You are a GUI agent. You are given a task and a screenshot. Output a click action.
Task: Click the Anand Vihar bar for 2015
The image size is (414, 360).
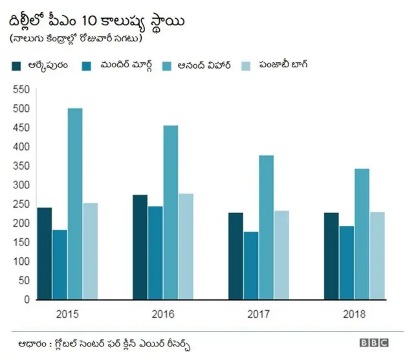pyautogui.click(x=75, y=204)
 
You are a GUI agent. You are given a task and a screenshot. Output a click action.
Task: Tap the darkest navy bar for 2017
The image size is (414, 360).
pyautogui.click(x=235, y=256)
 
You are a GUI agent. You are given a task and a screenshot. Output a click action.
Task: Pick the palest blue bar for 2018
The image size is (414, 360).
pyautogui.click(x=377, y=256)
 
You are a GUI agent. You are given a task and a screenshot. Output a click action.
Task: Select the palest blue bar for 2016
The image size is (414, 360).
pyautogui.click(x=186, y=246)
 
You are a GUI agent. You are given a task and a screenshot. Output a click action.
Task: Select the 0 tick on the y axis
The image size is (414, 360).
pyautogui.click(x=27, y=300)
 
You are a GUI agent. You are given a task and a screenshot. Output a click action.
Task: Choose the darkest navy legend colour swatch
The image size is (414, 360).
pyautogui.click(x=16, y=65)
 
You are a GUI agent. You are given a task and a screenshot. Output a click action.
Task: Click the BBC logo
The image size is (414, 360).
pyautogui.click(x=374, y=343)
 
